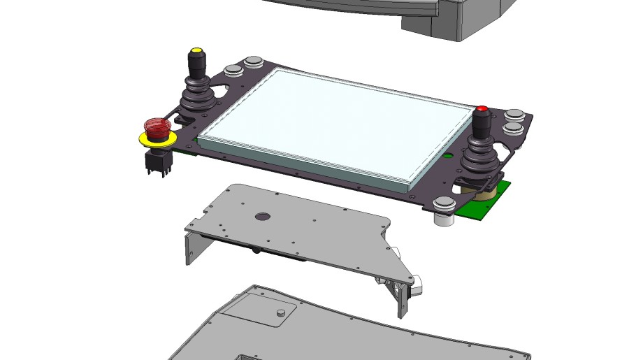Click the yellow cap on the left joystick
click(x=196, y=51)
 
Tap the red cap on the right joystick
click(x=482, y=109)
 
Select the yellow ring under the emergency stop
click(x=156, y=139)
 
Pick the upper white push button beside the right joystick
click(x=514, y=114)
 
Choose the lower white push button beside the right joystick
click(x=512, y=128)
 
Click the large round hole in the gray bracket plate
click(x=263, y=217)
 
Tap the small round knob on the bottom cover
click(x=281, y=312)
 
